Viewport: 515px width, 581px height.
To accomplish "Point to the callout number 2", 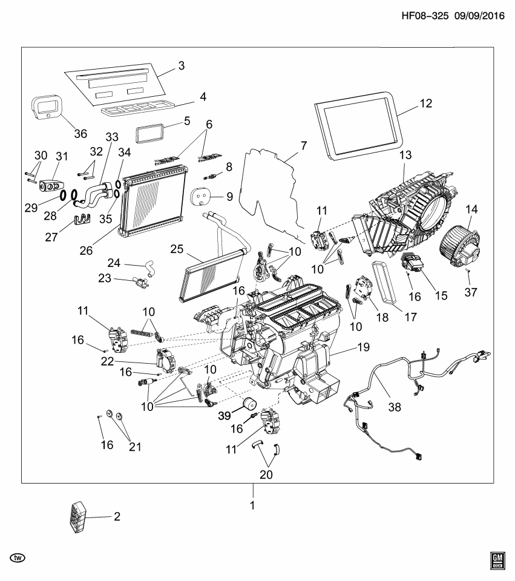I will (117, 517).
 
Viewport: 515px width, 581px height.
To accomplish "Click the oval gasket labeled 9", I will (201, 196).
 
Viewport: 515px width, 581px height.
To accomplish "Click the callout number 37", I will (470, 292).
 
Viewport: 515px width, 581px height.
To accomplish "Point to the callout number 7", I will (303, 146).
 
